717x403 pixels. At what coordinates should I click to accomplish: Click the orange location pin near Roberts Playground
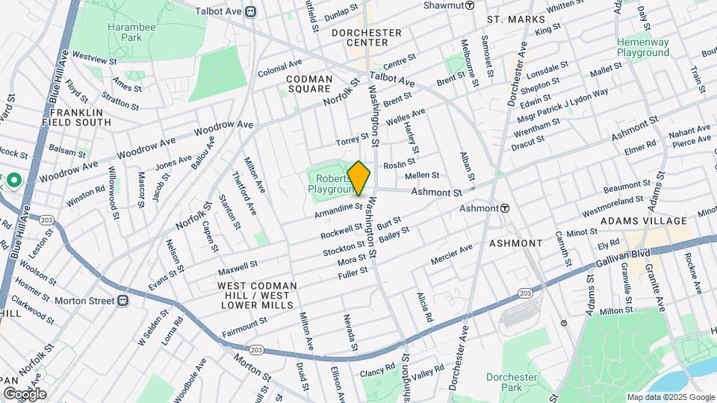(x=359, y=178)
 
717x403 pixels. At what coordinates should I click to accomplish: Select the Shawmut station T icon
(x=470, y=5)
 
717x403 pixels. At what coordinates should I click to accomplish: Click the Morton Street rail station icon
(x=124, y=301)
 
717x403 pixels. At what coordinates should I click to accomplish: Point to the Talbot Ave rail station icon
(x=251, y=11)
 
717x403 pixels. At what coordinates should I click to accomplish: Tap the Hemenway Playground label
(x=642, y=48)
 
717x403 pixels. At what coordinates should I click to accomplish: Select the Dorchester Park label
(x=512, y=382)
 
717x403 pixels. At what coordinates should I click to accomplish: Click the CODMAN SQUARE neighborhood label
(x=310, y=84)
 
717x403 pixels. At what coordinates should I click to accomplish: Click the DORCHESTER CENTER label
(x=367, y=38)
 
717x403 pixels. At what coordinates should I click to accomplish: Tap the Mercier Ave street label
(x=451, y=256)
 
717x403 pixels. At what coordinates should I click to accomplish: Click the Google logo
(x=25, y=393)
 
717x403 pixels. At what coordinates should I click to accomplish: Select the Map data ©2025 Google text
(x=670, y=397)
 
